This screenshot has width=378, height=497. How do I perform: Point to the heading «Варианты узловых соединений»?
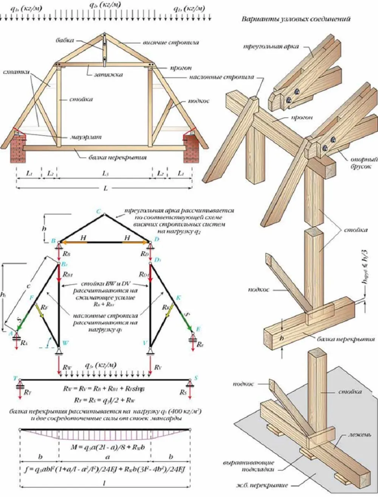pyautogui.click(x=296, y=19)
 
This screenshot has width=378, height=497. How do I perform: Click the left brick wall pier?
pyautogui.click(x=16, y=149)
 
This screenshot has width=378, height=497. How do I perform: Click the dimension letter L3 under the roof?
pyautogui.click(x=105, y=173)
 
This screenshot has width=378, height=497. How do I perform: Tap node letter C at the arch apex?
pyautogui.click(x=98, y=212)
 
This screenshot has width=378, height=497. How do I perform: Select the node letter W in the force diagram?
pyautogui.click(x=65, y=343)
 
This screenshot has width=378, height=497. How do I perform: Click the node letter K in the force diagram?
pyautogui.click(x=178, y=298)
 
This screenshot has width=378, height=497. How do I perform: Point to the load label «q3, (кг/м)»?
pyautogui.click(x=101, y=365)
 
